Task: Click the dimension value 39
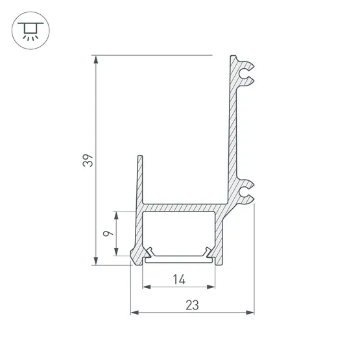88,160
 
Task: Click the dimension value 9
108,234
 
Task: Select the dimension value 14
179,280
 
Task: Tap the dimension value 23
192,305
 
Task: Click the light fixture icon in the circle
30,30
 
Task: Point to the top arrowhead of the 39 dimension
96,59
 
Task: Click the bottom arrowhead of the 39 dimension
96,261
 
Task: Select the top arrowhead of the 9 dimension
116,215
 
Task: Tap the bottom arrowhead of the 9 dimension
116,252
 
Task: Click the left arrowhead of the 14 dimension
147,287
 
